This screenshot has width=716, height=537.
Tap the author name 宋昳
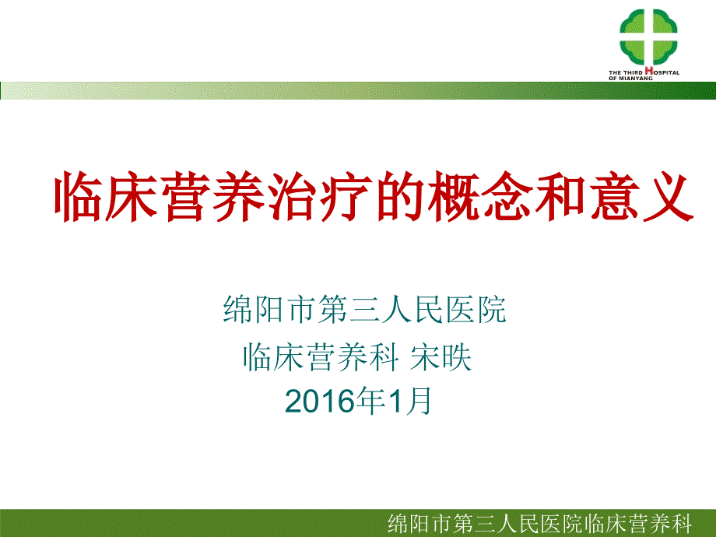[446, 357]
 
